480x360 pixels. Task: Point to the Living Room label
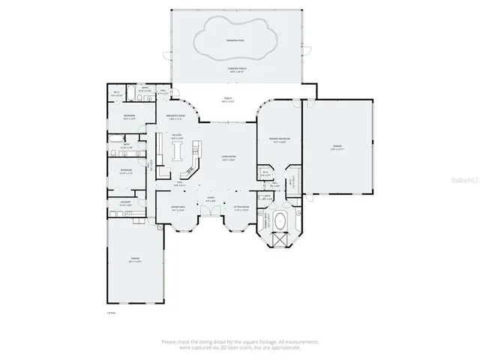[x=229, y=157]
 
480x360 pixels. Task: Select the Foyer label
[x=211, y=199]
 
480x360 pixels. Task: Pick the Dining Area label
[x=177, y=208]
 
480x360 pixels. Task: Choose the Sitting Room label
[x=241, y=208]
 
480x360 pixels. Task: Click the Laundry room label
[x=126, y=203]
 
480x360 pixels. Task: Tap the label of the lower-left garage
[x=134, y=260]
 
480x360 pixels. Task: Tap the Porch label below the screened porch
[x=229, y=100]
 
